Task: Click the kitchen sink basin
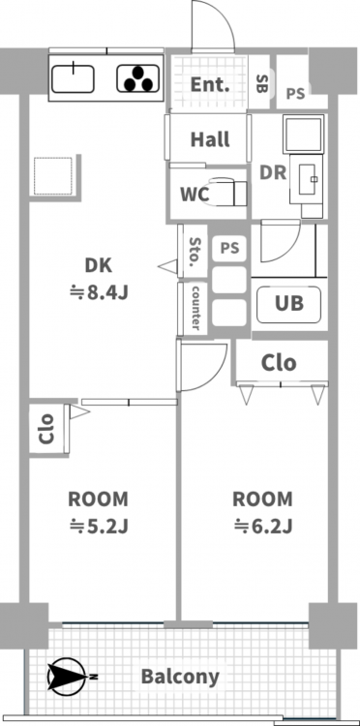coord(73,78)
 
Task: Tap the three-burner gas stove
coord(137,78)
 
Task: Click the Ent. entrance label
coord(210,85)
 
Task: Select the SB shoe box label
coord(261,82)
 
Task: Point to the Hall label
coord(210,138)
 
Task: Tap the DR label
coord(273,172)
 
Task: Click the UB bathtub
coord(289,304)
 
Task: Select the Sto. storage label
coord(195,253)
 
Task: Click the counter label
coord(195,308)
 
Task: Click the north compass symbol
coord(69,677)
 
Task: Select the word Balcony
coord(180,677)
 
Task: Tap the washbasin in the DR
coord(306,179)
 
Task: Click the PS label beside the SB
coord(295,94)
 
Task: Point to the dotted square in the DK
coord(53,176)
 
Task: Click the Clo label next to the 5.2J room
coord(46,429)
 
